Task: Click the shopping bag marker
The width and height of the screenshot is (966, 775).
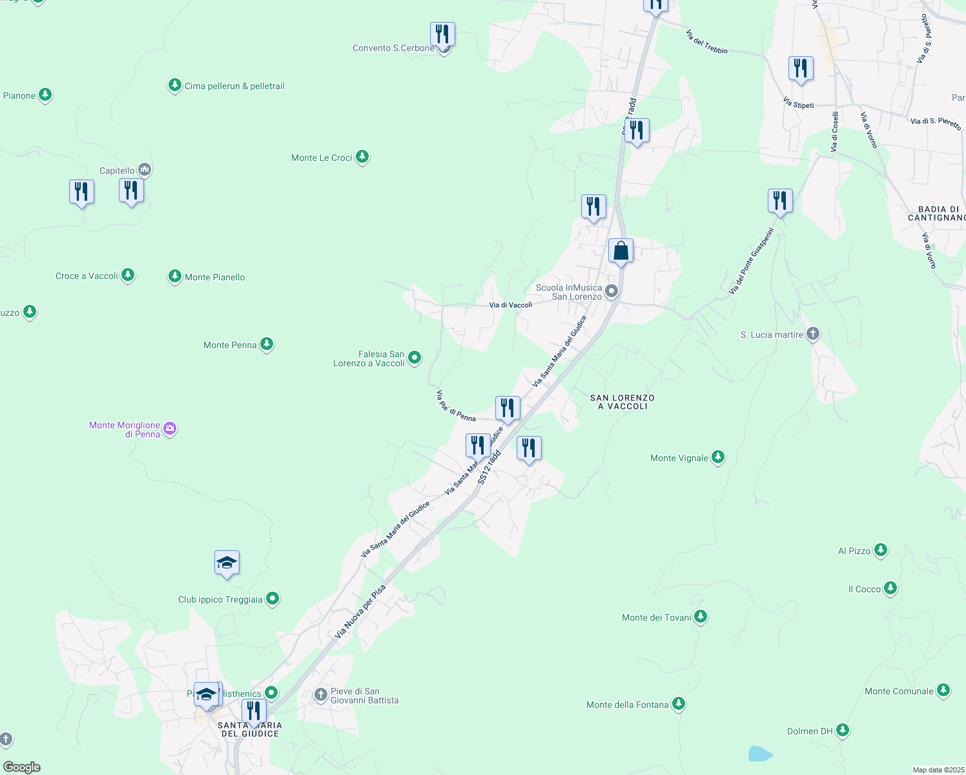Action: pyautogui.click(x=621, y=251)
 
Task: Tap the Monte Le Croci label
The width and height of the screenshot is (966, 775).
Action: pyautogui.click(x=322, y=158)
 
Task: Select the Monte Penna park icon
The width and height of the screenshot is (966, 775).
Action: pyautogui.click(x=267, y=344)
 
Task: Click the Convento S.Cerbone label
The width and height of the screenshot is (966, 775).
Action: pyautogui.click(x=393, y=48)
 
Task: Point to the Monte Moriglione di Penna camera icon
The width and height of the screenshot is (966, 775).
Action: pyautogui.click(x=170, y=428)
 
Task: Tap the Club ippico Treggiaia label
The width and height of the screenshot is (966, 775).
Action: pyautogui.click(x=220, y=599)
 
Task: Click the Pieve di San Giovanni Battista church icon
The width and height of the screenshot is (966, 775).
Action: pyautogui.click(x=321, y=695)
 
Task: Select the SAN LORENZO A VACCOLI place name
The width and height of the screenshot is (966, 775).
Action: pyautogui.click(x=622, y=402)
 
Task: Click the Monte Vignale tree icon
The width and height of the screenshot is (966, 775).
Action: pyautogui.click(x=718, y=457)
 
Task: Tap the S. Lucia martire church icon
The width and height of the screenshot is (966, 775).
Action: pyautogui.click(x=813, y=334)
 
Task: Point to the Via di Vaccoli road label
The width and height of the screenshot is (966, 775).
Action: pyautogui.click(x=511, y=305)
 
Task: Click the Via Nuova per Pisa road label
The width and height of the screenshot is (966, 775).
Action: pyautogui.click(x=360, y=612)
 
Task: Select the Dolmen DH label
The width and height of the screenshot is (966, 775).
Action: pyautogui.click(x=810, y=731)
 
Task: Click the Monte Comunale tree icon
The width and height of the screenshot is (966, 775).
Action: pyautogui.click(x=943, y=690)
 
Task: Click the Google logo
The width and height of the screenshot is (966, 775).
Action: pyautogui.click(x=22, y=767)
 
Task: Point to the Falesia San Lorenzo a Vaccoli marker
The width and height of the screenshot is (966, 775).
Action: pyautogui.click(x=415, y=357)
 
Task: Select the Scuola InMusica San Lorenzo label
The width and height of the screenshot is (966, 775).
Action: pyautogui.click(x=569, y=292)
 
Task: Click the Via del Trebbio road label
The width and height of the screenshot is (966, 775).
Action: pyautogui.click(x=706, y=41)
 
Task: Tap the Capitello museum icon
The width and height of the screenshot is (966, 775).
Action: pyautogui.click(x=145, y=170)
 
